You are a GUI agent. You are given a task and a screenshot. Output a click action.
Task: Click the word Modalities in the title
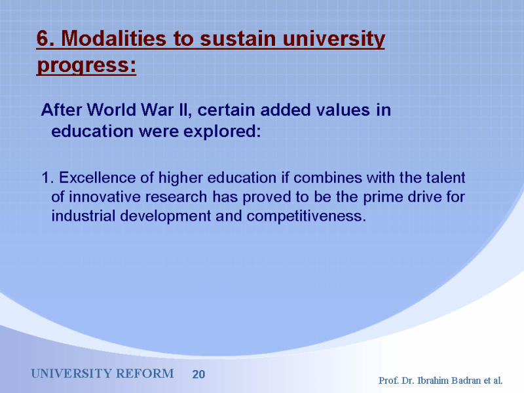113,39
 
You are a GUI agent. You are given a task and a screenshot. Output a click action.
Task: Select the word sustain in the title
238,39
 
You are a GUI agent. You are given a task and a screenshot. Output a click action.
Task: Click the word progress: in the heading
86,65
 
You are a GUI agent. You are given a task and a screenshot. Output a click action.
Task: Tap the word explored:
222,132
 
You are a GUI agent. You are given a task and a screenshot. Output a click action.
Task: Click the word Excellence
97,178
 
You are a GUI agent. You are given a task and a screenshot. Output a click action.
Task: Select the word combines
327,178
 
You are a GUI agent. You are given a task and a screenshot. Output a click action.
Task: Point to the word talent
445,178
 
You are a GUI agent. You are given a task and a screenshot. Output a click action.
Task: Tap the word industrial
84,216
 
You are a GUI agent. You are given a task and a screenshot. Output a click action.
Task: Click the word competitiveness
306,217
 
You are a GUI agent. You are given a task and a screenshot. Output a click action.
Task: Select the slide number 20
198,374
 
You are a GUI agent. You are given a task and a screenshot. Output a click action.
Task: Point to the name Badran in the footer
466,381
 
